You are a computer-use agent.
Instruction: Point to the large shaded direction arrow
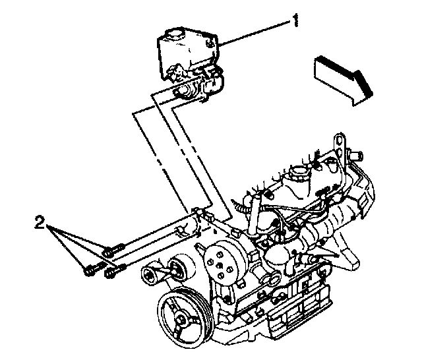pos(342,76)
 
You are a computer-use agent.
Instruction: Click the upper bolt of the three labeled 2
pos(111,250)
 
